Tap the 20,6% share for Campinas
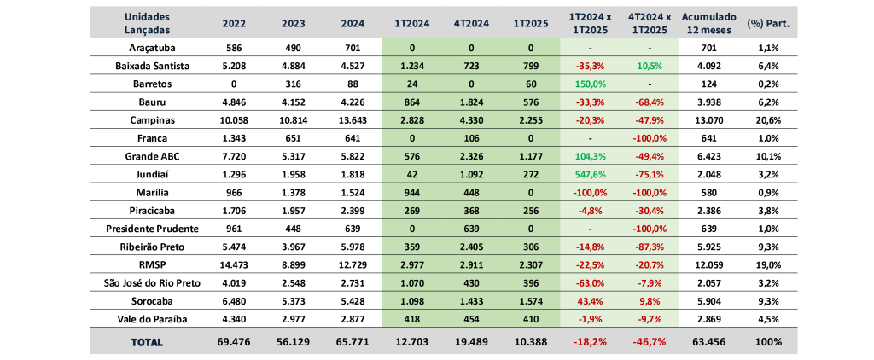point(768,120)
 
